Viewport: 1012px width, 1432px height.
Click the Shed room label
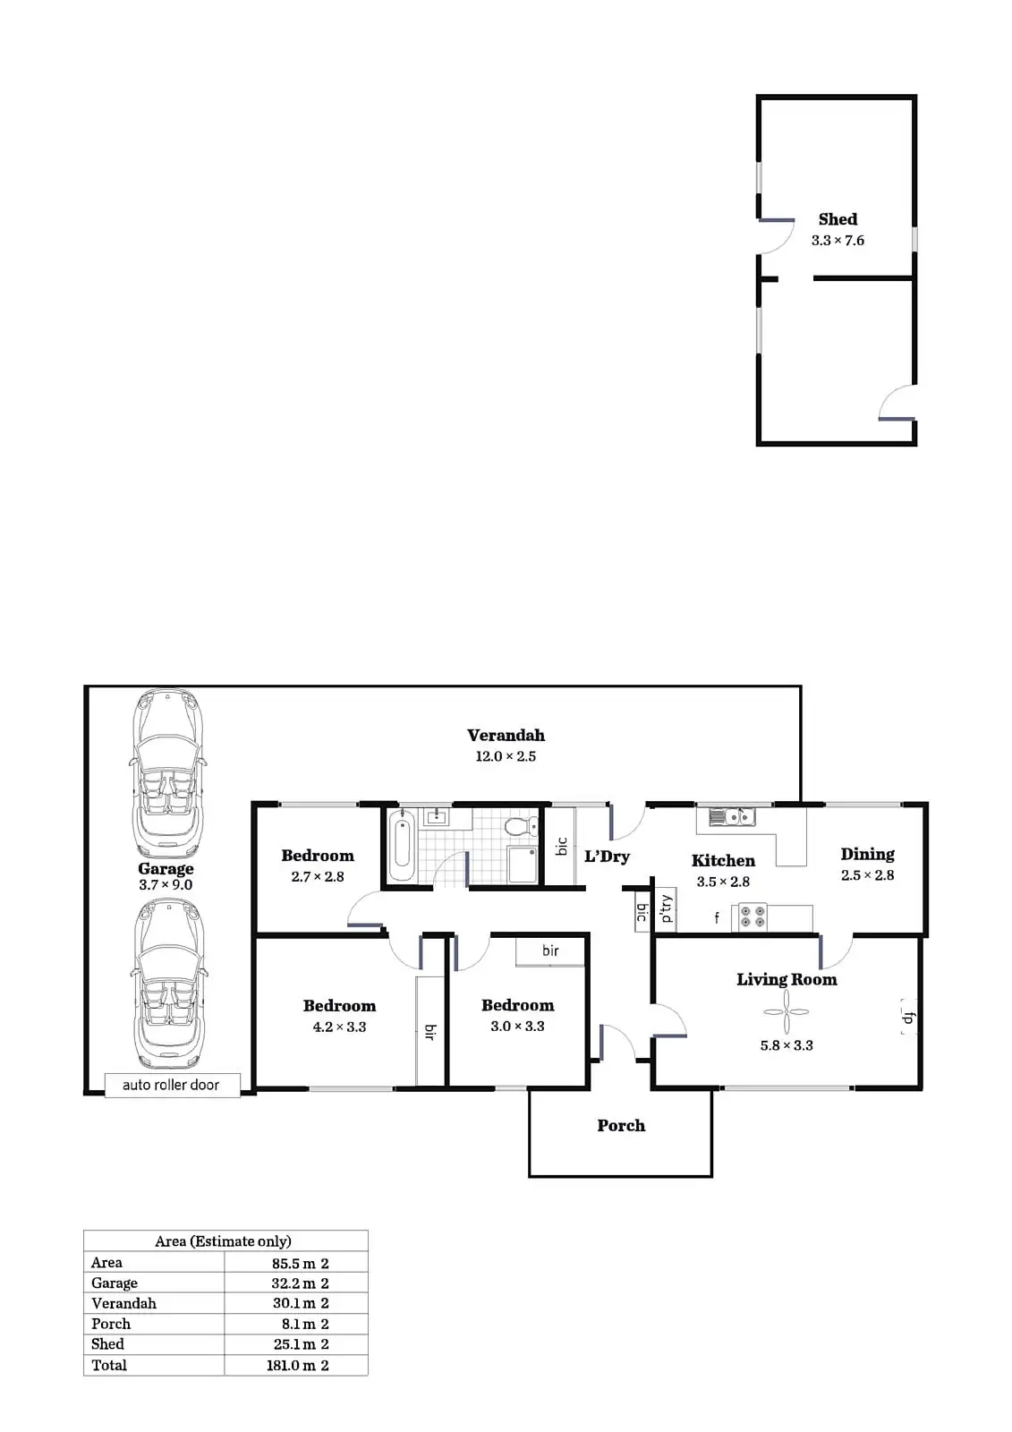[838, 219]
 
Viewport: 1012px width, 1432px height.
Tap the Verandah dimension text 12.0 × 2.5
[506, 756]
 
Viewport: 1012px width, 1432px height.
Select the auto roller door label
[171, 1085]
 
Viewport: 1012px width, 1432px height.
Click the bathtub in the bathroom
[401, 845]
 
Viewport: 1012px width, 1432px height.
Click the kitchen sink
[732, 816]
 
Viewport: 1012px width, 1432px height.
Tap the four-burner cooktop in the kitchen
[750, 917]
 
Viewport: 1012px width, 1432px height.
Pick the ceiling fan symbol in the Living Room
[786, 1011]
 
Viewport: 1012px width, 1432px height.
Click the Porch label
[621, 1126]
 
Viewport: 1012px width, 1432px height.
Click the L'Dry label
[607, 857]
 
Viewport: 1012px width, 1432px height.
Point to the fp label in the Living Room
[907, 1018]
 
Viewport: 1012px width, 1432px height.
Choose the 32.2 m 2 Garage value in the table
[301, 1283]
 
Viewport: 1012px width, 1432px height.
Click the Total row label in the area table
[109, 1365]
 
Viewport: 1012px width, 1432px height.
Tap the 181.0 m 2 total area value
[298, 1366]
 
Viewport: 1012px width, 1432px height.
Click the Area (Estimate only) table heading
[223, 1241]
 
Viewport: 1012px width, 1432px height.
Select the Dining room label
[867, 854]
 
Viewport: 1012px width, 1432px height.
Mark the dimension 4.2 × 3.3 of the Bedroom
[339, 1027]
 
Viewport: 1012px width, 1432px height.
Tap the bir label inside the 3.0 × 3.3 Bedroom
[550, 950]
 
